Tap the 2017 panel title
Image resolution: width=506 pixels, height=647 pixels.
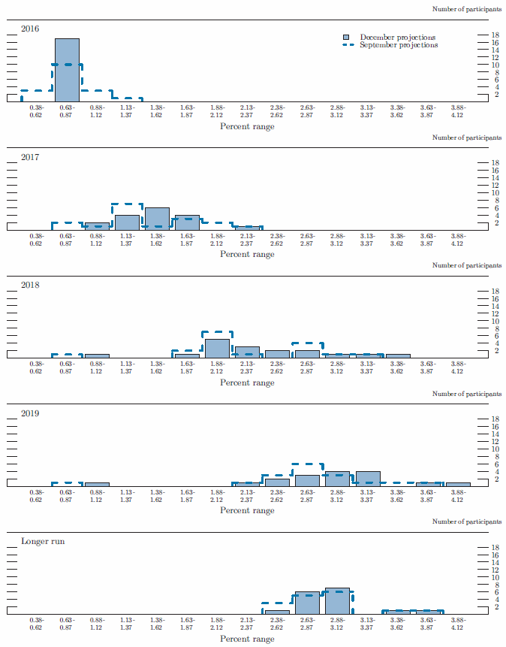tap(30, 157)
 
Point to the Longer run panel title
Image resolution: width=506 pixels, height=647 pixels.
tap(42, 541)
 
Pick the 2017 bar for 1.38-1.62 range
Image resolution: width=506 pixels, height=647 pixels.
tap(157, 219)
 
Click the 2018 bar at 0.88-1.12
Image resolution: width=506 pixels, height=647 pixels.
tap(97, 355)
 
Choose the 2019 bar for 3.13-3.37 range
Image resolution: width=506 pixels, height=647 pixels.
tap(368, 479)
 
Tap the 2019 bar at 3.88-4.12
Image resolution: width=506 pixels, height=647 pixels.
tap(458, 485)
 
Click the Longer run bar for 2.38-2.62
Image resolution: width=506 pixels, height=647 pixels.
tap(277, 612)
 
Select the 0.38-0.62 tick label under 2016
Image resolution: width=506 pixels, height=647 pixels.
tap(37, 111)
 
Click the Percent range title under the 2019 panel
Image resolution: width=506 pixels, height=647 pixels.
tap(247, 510)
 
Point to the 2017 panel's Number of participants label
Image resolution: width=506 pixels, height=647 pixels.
tap(467, 138)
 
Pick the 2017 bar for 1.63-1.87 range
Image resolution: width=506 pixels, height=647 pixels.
tap(187, 222)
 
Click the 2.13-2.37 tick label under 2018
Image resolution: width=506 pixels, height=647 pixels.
tap(247, 367)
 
